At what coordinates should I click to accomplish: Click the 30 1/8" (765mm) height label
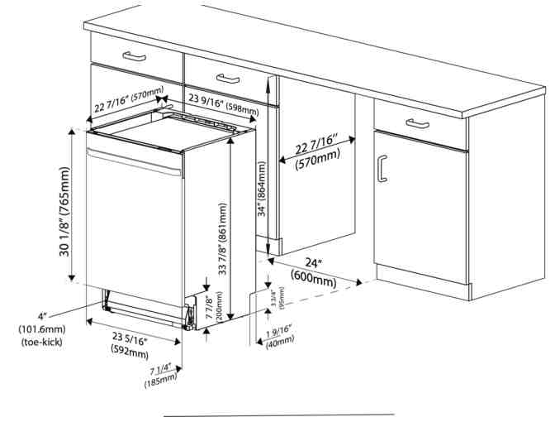64,212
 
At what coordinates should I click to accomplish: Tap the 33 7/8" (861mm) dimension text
223,239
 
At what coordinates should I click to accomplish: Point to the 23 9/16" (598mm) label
223,105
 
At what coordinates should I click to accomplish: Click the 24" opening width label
314,263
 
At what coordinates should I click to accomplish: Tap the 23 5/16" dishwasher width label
130,338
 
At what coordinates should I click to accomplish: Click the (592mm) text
130,351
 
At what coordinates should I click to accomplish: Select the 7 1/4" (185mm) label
161,375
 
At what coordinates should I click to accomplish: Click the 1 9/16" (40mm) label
280,336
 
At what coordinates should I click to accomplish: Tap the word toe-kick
42,342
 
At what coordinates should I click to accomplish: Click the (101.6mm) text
42,329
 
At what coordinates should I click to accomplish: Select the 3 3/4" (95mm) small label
277,298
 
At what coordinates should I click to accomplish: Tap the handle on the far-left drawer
134,56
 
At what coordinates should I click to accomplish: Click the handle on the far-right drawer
417,123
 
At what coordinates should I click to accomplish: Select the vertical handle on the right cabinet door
381,169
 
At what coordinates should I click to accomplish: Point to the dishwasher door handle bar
135,163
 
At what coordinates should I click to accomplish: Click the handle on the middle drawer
228,79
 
